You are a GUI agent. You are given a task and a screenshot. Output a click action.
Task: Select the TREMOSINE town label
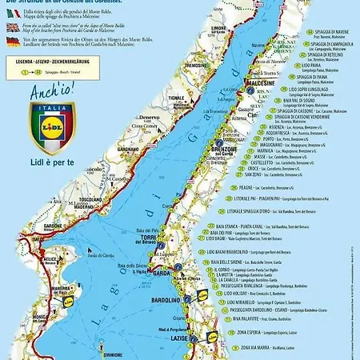point(187,88)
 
